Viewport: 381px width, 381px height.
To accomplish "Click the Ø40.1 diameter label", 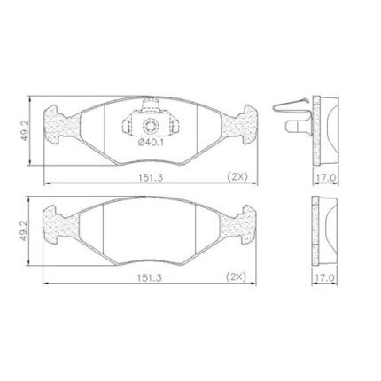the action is click(x=151, y=143).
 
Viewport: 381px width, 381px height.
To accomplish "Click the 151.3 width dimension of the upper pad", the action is click(x=151, y=177).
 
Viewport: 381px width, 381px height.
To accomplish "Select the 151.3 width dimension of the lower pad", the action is click(x=150, y=277).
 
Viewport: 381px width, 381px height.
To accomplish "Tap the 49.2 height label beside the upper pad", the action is click(x=25, y=130).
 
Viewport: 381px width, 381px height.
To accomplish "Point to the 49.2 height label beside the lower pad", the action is click(x=24, y=230).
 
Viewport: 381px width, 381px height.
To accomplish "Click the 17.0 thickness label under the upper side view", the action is click(x=326, y=178).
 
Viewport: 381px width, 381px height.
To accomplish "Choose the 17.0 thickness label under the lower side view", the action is click(x=325, y=277).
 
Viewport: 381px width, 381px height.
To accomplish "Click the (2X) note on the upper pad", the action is click(x=237, y=176).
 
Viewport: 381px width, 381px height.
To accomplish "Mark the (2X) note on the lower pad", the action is click(x=236, y=276).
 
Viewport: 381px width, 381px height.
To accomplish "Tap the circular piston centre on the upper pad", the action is click(x=151, y=126).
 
